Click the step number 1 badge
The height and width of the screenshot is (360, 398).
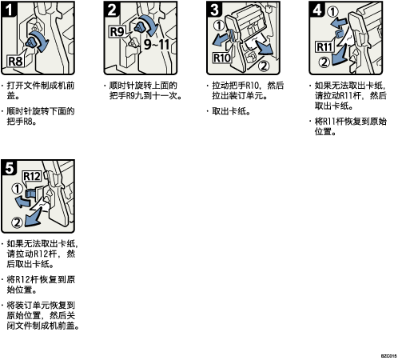[9, 10]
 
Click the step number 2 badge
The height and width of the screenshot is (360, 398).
[112, 10]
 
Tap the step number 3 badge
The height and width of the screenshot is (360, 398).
[214, 10]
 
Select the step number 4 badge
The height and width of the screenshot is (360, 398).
[317, 10]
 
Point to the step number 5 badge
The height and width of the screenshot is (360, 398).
[9, 168]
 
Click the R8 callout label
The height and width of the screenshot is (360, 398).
[16, 62]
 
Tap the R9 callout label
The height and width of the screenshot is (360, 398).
[117, 32]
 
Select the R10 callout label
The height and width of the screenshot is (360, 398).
[222, 58]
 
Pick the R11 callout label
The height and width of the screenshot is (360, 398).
[324, 47]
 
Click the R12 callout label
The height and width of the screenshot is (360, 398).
[32, 176]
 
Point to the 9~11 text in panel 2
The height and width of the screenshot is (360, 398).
[157, 44]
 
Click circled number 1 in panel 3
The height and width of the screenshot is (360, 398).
[219, 26]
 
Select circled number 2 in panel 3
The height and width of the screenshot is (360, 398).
[264, 66]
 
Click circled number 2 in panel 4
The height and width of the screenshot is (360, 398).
[324, 62]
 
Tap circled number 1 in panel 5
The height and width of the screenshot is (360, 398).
[17, 189]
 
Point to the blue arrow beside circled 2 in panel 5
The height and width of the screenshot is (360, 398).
[33, 217]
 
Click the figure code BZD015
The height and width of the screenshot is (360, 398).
[388, 356]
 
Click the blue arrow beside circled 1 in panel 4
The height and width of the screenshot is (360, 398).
[339, 23]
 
